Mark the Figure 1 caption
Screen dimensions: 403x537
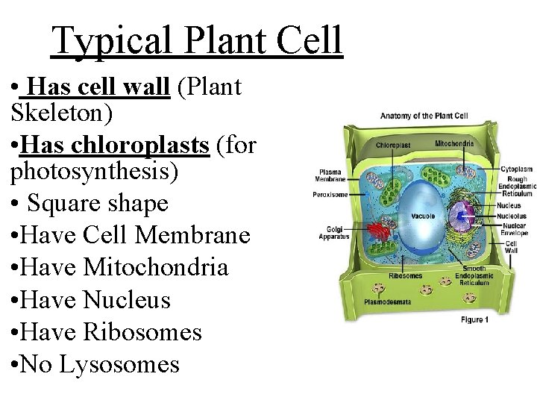[x=475, y=319]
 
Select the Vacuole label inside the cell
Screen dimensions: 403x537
[x=422, y=216]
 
